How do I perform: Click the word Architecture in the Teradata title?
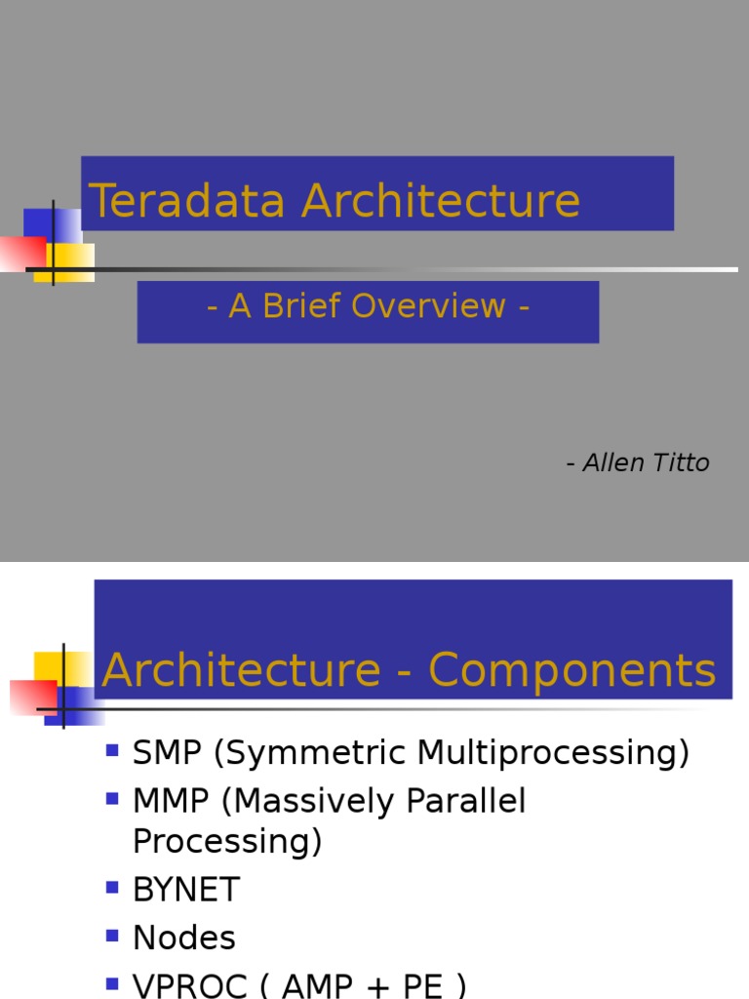pyautogui.click(x=441, y=201)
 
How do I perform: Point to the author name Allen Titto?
pyautogui.click(x=646, y=462)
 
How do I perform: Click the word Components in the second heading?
pyautogui.click(x=572, y=671)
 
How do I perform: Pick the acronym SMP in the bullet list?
pyautogui.click(x=167, y=753)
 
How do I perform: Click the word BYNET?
pyautogui.click(x=186, y=890)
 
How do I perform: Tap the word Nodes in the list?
pyautogui.click(x=184, y=939)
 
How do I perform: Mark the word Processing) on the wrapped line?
pyautogui.click(x=227, y=841)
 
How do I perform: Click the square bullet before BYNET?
pyautogui.click(x=112, y=887)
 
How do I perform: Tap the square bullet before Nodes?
pyautogui.click(x=112, y=936)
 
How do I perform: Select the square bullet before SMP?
pyautogui.click(x=112, y=750)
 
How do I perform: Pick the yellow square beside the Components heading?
pyautogui.click(x=49, y=667)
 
